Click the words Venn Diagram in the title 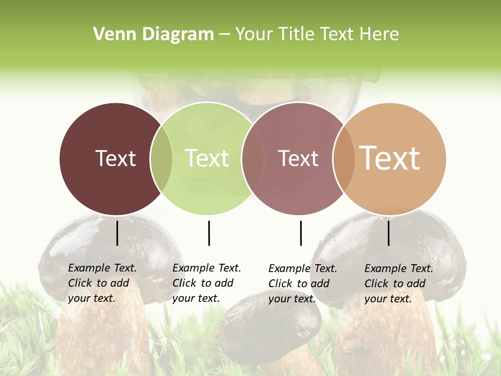pos(153,34)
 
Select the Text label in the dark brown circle pos(115,158)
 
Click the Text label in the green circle pos(207,158)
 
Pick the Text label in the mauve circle pos(298,158)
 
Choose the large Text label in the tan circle pos(390,158)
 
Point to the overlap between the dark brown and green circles pos(161,159)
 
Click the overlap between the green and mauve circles pos(253,159)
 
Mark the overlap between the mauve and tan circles pos(344,159)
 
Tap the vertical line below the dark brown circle pos(117,233)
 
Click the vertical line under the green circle pos(209,233)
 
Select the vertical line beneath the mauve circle pos(301,233)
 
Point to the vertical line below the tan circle pos(388,233)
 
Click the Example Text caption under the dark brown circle pos(102,283)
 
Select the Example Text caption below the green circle pos(207,283)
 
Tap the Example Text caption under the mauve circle pos(303,284)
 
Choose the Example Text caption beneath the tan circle pos(399,284)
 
